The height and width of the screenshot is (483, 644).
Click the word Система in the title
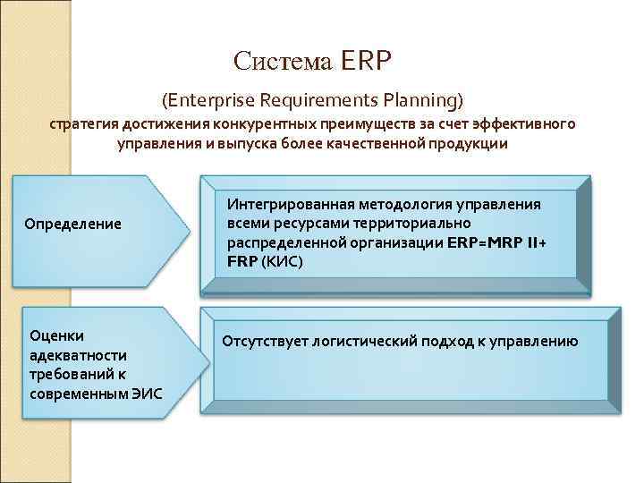click(283, 60)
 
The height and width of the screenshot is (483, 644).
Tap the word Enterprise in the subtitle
click(212, 96)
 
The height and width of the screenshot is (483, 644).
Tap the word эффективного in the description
click(527, 123)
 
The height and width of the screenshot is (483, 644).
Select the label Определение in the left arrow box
click(73, 222)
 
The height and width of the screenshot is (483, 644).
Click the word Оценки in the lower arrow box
click(56, 335)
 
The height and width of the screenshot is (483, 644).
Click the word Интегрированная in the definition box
click(287, 203)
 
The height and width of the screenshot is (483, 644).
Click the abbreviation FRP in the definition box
click(242, 261)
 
